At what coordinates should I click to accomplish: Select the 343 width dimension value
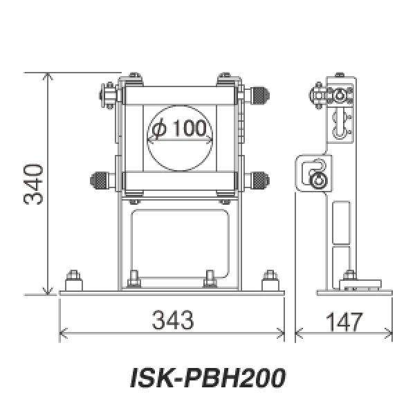click(171, 320)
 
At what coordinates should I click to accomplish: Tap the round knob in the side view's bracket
click(317, 179)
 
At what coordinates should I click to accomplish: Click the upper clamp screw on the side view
click(319, 96)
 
